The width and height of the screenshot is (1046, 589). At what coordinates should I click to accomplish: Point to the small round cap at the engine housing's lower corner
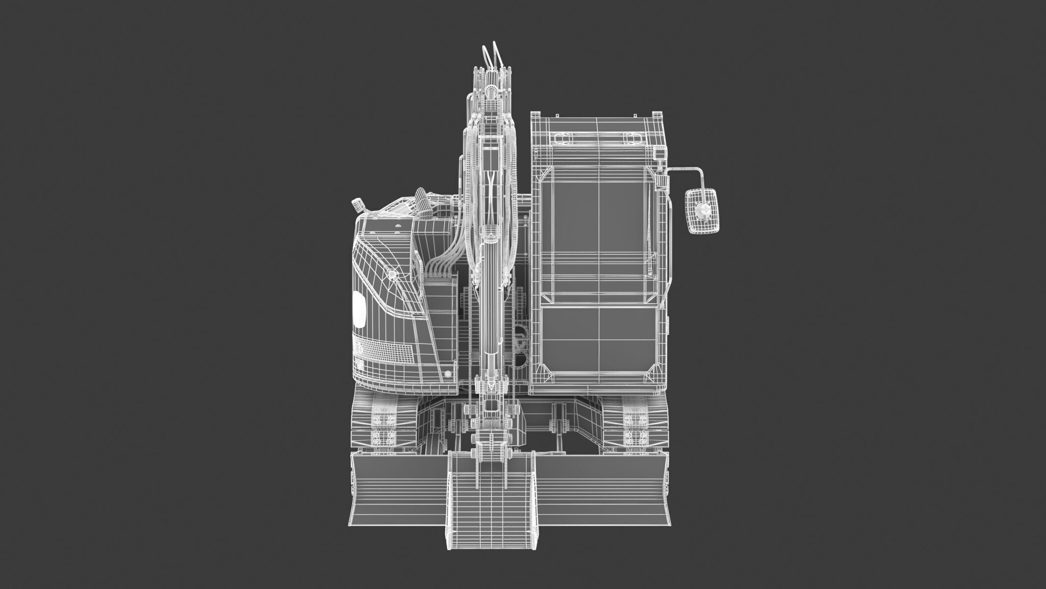(448, 375)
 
